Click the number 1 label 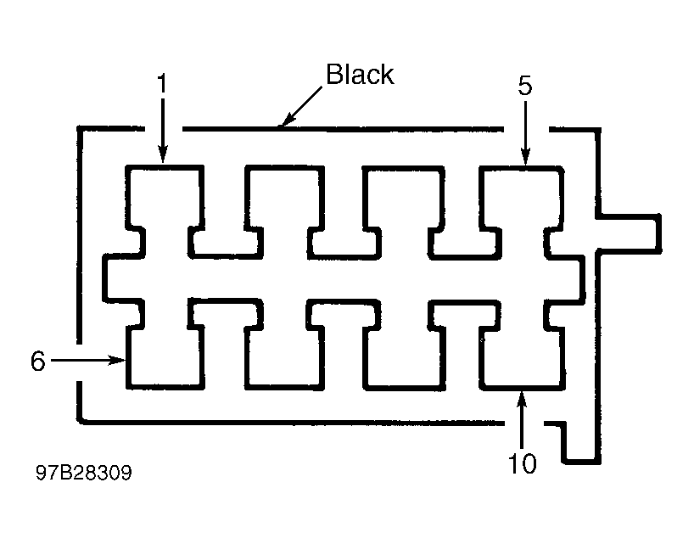pyautogui.click(x=163, y=83)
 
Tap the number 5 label pyautogui.click(x=525, y=86)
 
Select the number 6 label pyautogui.click(x=37, y=361)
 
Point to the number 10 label pyautogui.click(x=523, y=463)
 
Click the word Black pyautogui.click(x=360, y=74)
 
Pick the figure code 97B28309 pyautogui.click(x=84, y=473)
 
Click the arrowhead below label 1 pyautogui.click(x=163, y=156)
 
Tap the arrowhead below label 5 pyautogui.click(x=525, y=157)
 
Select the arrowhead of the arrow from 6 pyautogui.click(x=118, y=360)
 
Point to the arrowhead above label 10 pyautogui.click(x=523, y=399)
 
